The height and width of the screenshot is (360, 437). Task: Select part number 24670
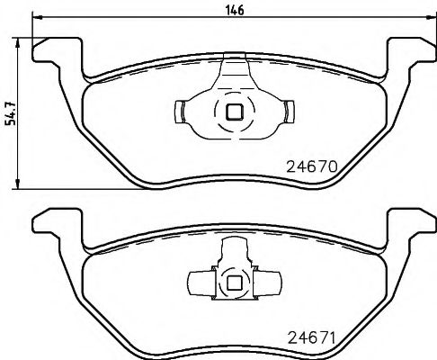310,167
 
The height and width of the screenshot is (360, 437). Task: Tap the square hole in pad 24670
234,112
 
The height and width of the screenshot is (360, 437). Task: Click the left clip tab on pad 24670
178,112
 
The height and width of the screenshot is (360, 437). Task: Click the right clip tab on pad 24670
290,112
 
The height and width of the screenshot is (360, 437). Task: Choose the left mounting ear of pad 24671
56,224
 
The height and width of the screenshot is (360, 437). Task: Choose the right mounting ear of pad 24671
410,224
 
